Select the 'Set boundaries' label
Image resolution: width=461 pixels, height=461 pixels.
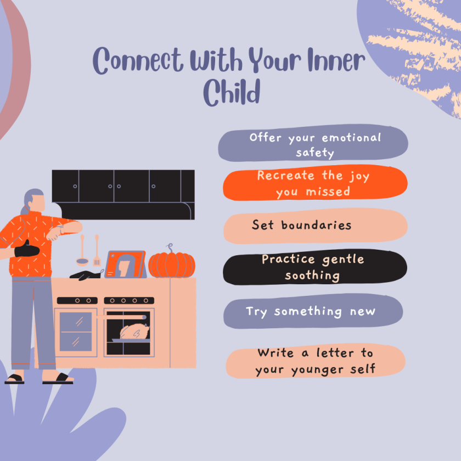(x=301, y=225)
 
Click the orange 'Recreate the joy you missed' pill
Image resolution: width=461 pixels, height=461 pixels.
(x=314, y=183)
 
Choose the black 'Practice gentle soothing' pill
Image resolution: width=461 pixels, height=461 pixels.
(x=313, y=267)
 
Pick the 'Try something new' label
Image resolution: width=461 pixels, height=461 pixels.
(x=311, y=312)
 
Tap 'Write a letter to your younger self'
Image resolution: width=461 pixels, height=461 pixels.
(x=315, y=361)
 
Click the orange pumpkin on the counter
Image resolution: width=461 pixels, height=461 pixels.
(x=172, y=265)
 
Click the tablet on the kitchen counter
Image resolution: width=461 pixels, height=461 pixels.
(x=126, y=265)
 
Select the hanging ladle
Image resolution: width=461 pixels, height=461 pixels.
(x=82, y=252)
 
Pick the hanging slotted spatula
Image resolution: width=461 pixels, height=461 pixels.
(x=97, y=251)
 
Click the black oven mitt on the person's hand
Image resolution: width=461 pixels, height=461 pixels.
(x=27, y=250)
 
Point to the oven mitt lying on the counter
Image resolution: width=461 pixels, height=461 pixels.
(x=85, y=274)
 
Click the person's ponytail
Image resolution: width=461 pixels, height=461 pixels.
(x=25, y=209)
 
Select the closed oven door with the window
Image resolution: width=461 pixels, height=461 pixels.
(x=76, y=332)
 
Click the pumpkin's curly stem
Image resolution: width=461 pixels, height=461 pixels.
(x=171, y=248)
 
